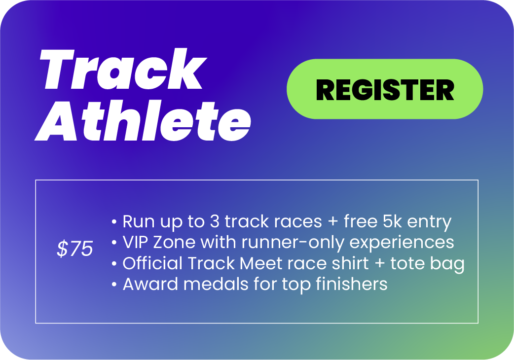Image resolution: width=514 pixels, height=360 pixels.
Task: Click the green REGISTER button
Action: [x=385, y=89]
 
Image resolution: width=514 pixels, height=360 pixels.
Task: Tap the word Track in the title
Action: [x=123, y=69]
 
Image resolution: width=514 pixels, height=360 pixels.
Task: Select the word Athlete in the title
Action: [x=143, y=121]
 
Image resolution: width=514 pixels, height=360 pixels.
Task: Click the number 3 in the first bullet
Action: [x=215, y=222]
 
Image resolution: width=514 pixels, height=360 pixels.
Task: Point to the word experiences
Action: [x=402, y=243]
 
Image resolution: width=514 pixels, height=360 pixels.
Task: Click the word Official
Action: [x=152, y=263]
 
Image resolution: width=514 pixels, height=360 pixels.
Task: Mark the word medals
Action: [x=216, y=284]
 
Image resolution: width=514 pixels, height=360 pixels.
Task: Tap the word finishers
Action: [x=351, y=284]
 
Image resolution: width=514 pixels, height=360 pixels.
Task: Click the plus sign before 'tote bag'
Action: [x=380, y=264]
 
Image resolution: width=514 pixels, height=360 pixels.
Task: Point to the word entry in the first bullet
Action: [x=430, y=222]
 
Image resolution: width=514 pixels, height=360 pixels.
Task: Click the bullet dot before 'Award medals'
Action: [x=114, y=285]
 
